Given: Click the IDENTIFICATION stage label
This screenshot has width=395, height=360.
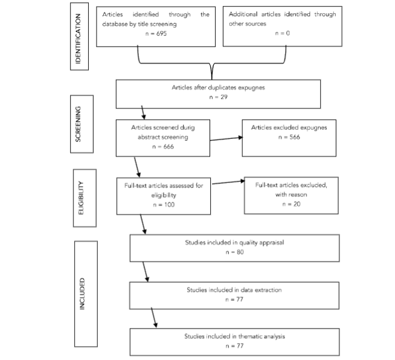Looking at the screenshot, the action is click(78, 39).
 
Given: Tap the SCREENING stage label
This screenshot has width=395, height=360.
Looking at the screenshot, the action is click(78, 124).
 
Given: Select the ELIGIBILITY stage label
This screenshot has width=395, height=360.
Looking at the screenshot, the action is click(81, 198).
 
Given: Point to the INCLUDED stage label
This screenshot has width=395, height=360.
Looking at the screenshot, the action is click(82, 294).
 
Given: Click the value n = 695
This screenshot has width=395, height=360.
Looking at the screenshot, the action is click(156, 33).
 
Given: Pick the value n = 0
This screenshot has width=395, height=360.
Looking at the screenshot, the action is click(283, 33).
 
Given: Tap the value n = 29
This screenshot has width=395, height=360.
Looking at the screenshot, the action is click(219, 97).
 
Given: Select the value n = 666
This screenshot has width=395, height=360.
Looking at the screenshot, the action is click(163, 147).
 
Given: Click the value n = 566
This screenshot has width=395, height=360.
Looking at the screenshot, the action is click(289, 137).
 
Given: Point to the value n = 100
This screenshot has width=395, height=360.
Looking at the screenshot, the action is click(164, 205).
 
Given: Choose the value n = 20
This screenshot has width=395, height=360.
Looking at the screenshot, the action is click(291, 204).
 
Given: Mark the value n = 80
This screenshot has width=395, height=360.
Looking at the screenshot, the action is click(235, 252).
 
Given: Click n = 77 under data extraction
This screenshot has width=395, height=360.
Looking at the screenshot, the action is click(234, 299).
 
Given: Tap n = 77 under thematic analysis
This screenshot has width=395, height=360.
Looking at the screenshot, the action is click(235, 346).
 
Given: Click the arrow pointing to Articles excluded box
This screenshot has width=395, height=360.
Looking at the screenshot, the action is click(226, 139).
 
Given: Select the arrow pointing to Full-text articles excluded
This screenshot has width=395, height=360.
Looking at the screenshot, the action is click(228, 182).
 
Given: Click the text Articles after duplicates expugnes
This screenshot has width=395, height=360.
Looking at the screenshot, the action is click(219, 88).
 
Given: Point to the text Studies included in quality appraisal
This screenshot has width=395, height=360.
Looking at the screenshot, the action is click(234, 243).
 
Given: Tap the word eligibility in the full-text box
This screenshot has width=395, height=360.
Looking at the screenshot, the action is click(164, 195).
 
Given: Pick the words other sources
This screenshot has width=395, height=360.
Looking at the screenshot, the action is click(248, 24).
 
